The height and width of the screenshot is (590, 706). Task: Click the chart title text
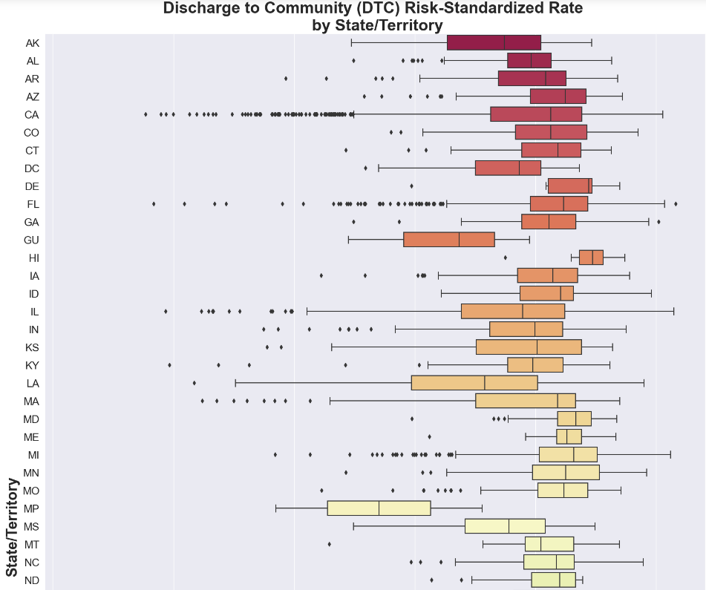373,16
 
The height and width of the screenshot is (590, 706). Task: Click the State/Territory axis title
12,527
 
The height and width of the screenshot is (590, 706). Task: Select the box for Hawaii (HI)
591,258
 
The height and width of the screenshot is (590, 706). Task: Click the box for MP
379,508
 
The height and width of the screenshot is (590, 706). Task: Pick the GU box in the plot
448,240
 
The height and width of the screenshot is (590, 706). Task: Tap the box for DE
569,186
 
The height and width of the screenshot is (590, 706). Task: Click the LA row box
474,383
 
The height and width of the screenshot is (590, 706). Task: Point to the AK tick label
32,43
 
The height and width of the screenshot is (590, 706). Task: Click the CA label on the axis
31,115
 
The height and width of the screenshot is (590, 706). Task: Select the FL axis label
33,204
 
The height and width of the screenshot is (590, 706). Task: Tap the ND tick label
32,580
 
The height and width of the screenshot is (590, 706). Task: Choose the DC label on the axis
32,168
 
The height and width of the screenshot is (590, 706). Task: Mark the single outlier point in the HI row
506,258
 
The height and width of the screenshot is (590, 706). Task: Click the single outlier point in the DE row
412,186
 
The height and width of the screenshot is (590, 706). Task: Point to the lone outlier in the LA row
195,383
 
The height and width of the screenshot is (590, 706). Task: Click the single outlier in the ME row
429,436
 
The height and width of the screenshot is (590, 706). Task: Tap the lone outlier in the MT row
330,544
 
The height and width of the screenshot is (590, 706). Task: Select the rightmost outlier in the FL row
676,203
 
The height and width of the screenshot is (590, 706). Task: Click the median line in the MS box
509,526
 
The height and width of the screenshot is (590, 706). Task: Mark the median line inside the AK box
504,43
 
